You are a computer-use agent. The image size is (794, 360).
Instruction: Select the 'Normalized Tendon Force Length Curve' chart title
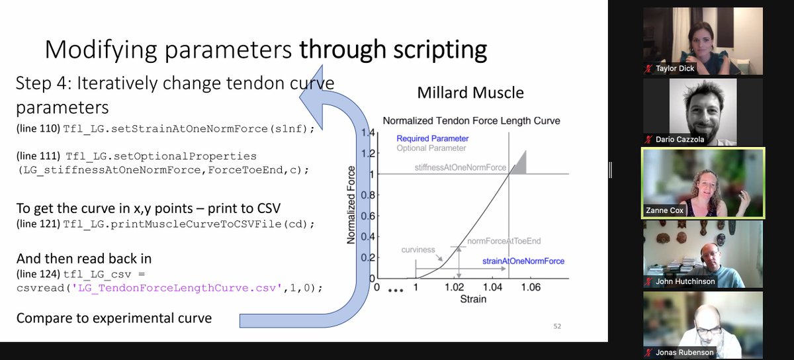pos(472,120)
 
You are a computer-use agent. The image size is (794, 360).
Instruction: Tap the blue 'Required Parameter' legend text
pos(432,138)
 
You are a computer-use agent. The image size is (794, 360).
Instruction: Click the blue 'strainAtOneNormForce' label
pos(523,261)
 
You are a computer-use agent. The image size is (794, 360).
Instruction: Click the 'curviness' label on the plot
pos(418,249)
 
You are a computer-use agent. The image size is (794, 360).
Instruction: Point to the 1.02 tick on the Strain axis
pos(455,288)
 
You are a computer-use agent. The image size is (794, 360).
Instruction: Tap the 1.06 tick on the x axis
pos(531,288)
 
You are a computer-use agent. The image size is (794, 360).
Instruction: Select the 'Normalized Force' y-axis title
pos(353,206)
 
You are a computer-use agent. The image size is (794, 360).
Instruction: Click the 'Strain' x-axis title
pos(472,299)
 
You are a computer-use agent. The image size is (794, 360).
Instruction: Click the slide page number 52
pos(556,326)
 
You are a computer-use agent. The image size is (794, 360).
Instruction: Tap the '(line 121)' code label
pos(38,224)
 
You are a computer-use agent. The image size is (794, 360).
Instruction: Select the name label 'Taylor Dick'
pos(676,68)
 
